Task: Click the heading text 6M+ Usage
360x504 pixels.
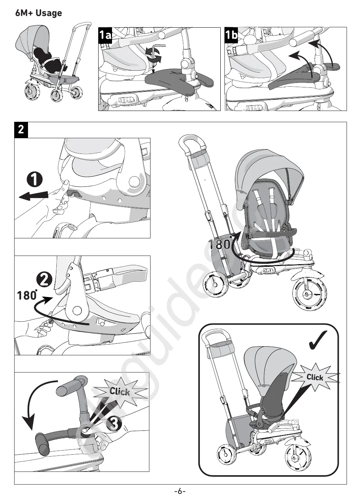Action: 38,13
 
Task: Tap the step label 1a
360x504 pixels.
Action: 105,35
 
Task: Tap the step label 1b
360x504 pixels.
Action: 232,35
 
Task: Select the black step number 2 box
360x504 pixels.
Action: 21,130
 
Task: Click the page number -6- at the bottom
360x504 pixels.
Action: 180,491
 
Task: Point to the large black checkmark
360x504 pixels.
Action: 319,340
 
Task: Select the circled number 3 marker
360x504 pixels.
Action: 114,423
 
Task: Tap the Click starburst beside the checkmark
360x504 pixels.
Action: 315,377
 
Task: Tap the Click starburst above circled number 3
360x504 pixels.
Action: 120,392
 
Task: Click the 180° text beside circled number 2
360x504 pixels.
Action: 27,295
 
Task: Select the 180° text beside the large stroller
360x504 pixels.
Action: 219,245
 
